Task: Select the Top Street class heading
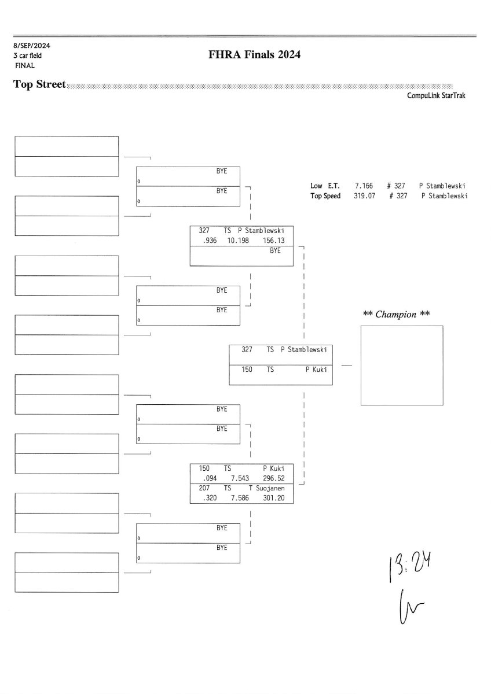pyautogui.click(x=39, y=85)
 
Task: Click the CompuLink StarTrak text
pyautogui.click(x=436, y=96)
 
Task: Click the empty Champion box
pyautogui.click(x=401, y=365)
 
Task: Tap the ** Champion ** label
pyautogui.click(x=396, y=315)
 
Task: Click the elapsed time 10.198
pyautogui.click(x=238, y=240)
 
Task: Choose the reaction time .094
pyautogui.click(x=206, y=478)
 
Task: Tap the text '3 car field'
pyautogui.click(x=28, y=56)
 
